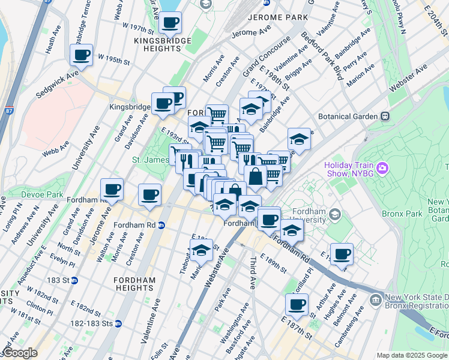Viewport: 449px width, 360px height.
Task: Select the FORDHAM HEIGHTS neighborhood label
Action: (x=135, y=284)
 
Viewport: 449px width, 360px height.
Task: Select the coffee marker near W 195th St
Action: (x=82, y=55)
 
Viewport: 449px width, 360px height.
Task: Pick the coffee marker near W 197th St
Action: (x=170, y=23)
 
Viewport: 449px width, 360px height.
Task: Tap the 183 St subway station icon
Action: (x=74, y=280)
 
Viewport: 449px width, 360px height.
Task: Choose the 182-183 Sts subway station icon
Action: (x=119, y=323)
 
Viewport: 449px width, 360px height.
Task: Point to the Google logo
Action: (x=19, y=353)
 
